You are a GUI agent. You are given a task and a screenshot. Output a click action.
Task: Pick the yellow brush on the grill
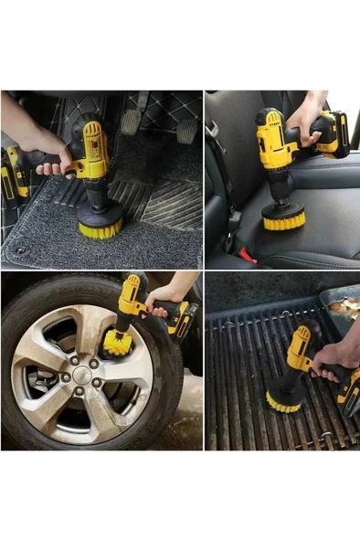click(x=284, y=398)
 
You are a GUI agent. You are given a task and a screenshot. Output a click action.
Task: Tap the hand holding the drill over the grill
click(x=332, y=358)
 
